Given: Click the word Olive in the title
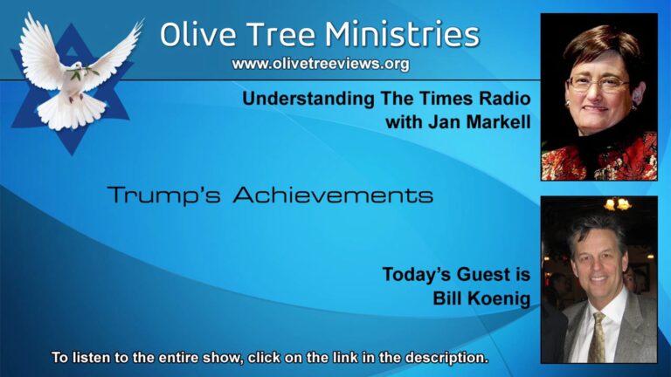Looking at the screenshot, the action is tap(197, 35).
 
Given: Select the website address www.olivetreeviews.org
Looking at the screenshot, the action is tap(321, 64).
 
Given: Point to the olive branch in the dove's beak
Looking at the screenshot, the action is tap(84, 72).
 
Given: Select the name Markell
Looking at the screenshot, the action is tap(499, 122).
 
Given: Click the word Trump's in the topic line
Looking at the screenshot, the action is tap(163, 195).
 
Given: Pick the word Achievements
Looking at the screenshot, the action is tap(333, 195).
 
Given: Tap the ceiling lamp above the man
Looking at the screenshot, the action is tap(618, 204).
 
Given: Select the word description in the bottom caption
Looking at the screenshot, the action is tap(446, 357).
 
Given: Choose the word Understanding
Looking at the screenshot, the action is tap(308, 99).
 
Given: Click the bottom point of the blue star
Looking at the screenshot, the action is tap(72, 154).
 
